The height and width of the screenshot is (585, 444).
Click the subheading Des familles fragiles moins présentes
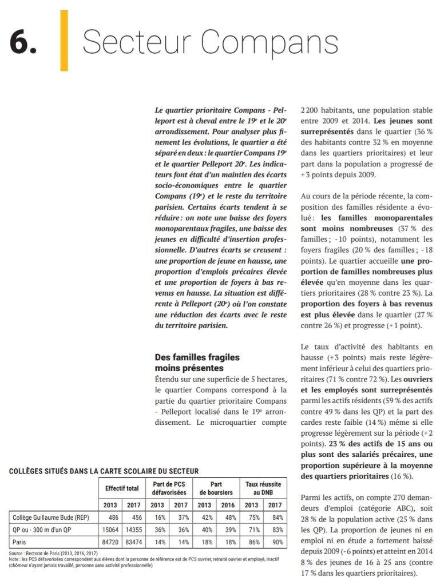[197, 363]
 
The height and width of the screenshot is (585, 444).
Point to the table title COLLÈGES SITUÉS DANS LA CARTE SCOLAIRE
[104, 471]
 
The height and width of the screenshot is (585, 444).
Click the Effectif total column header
[122, 488]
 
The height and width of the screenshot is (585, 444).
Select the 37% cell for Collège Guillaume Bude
[181, 517]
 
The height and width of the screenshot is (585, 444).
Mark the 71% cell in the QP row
[251, 530]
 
